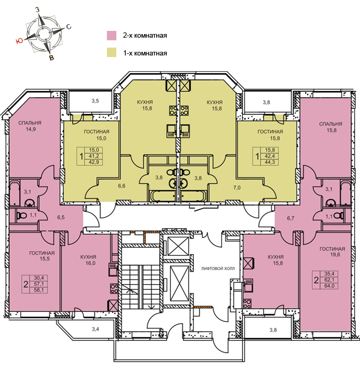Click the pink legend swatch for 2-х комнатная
point(112,36)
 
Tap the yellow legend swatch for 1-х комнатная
point(112,52)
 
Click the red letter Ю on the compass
point(19,41)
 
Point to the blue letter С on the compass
point(69,27)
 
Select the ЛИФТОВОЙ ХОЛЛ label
point(218,268)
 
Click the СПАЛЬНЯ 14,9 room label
point(30,126)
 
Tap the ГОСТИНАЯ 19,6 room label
point(332,252)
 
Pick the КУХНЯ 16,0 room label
point(88,260)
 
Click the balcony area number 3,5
point(95,101)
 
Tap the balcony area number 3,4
point(95,329)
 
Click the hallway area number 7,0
point(237,187)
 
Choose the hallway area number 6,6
point(122,186)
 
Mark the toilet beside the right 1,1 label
point(339,215)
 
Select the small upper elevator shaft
point(178,246)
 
